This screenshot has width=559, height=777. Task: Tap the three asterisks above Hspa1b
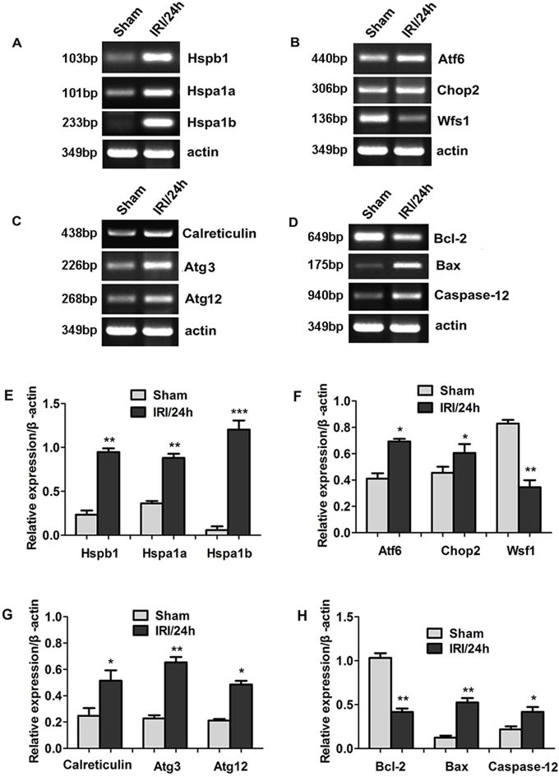click(238, 412)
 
